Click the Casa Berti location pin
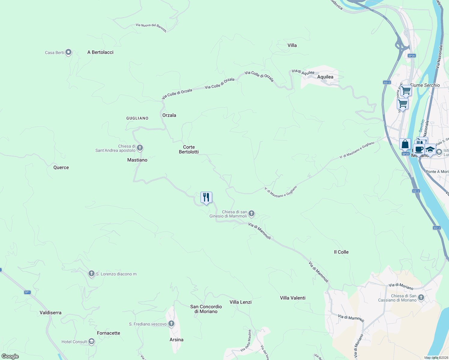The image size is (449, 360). tap(68, 52)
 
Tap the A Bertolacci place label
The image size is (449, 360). tap(100, 52)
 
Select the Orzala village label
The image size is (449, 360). tap(169, 115)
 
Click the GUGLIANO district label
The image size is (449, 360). tap(137, 118)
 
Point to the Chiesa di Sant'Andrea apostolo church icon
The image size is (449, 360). tap(140, 148)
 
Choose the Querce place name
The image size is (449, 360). tap(61, 167)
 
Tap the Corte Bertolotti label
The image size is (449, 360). tap(189, 149)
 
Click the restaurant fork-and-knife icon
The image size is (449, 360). tap(206, 197)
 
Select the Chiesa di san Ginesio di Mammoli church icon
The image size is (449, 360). tap(252, 214)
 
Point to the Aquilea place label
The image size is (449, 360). tap(325, 77)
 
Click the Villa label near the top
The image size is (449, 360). tap(292, 45)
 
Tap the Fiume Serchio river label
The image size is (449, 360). tap(425, 85)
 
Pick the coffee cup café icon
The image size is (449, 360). tap(419, 149)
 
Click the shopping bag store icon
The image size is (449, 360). tap(405, 144)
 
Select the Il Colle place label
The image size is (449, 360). tap(341, 252)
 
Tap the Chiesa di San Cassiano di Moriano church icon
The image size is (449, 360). tap(421, 298)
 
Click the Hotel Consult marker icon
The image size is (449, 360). tap(91, 341)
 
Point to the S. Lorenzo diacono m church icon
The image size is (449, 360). tap(92, 274)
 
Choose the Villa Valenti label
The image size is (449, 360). tap(293, 298)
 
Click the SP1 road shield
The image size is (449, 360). tap(27, 292)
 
